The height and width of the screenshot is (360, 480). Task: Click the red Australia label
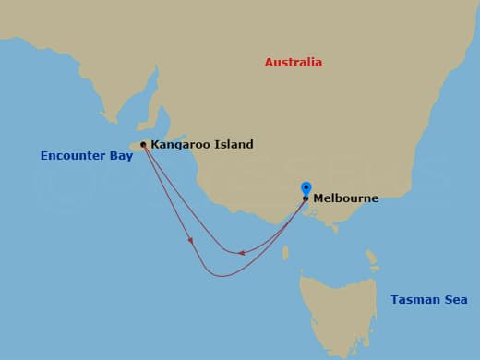tap(294, 63)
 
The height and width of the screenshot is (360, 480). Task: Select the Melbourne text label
tap(345, 198)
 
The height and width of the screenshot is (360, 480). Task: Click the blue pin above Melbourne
tap(306, 188)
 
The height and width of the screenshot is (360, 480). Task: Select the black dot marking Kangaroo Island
tap(143, 145)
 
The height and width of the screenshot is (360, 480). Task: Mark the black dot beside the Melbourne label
tap(306, 198)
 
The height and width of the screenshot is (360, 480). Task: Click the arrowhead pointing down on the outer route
tap(191, 241)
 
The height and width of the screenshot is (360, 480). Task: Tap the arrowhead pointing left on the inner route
tap(241, 252)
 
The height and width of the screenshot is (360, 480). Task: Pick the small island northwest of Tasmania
tap(285, 252)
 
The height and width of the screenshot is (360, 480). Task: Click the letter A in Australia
tap(270, 63)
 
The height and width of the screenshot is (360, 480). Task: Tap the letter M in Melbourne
tap(318, 198)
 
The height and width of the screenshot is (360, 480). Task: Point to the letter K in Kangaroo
tap(155, 145)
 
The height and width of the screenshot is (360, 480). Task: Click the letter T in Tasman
tap(394, 300)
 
